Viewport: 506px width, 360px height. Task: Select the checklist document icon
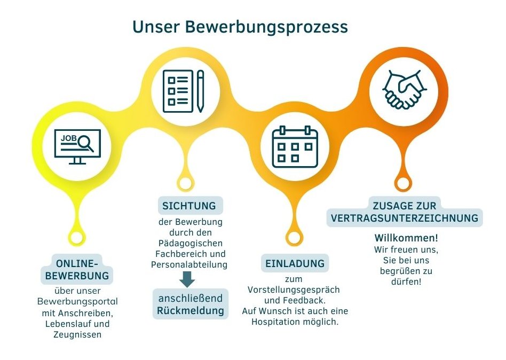(x=178, y=91)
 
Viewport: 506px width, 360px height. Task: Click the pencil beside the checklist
(x=200, y=91)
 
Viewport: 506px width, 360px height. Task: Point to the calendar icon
(x=295, y=147)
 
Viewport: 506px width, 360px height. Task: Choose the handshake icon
(x=405, y=89)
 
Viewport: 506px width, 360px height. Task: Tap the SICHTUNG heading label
(x=189, y=206)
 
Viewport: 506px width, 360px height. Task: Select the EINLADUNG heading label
(x=295, y=263)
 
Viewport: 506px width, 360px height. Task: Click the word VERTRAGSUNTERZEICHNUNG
(x=405, y=218)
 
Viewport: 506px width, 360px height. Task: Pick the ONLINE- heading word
(x=77, y=263)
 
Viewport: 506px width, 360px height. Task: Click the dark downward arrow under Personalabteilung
(x=187, y=279)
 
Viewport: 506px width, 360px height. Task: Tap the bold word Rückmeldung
(x=191, y=311)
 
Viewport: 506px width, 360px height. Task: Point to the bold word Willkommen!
(x=406, y=238)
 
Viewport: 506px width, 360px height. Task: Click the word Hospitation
(x=276, y=322)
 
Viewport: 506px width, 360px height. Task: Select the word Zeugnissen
(x=77, y=334)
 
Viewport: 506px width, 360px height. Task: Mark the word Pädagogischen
(x=191, y=243)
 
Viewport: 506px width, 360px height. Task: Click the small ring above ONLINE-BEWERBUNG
(x=77, y=238)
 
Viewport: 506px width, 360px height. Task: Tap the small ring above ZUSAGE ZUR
(x=403, y=184)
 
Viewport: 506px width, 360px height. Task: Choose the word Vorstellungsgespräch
(x=294, y=290)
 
